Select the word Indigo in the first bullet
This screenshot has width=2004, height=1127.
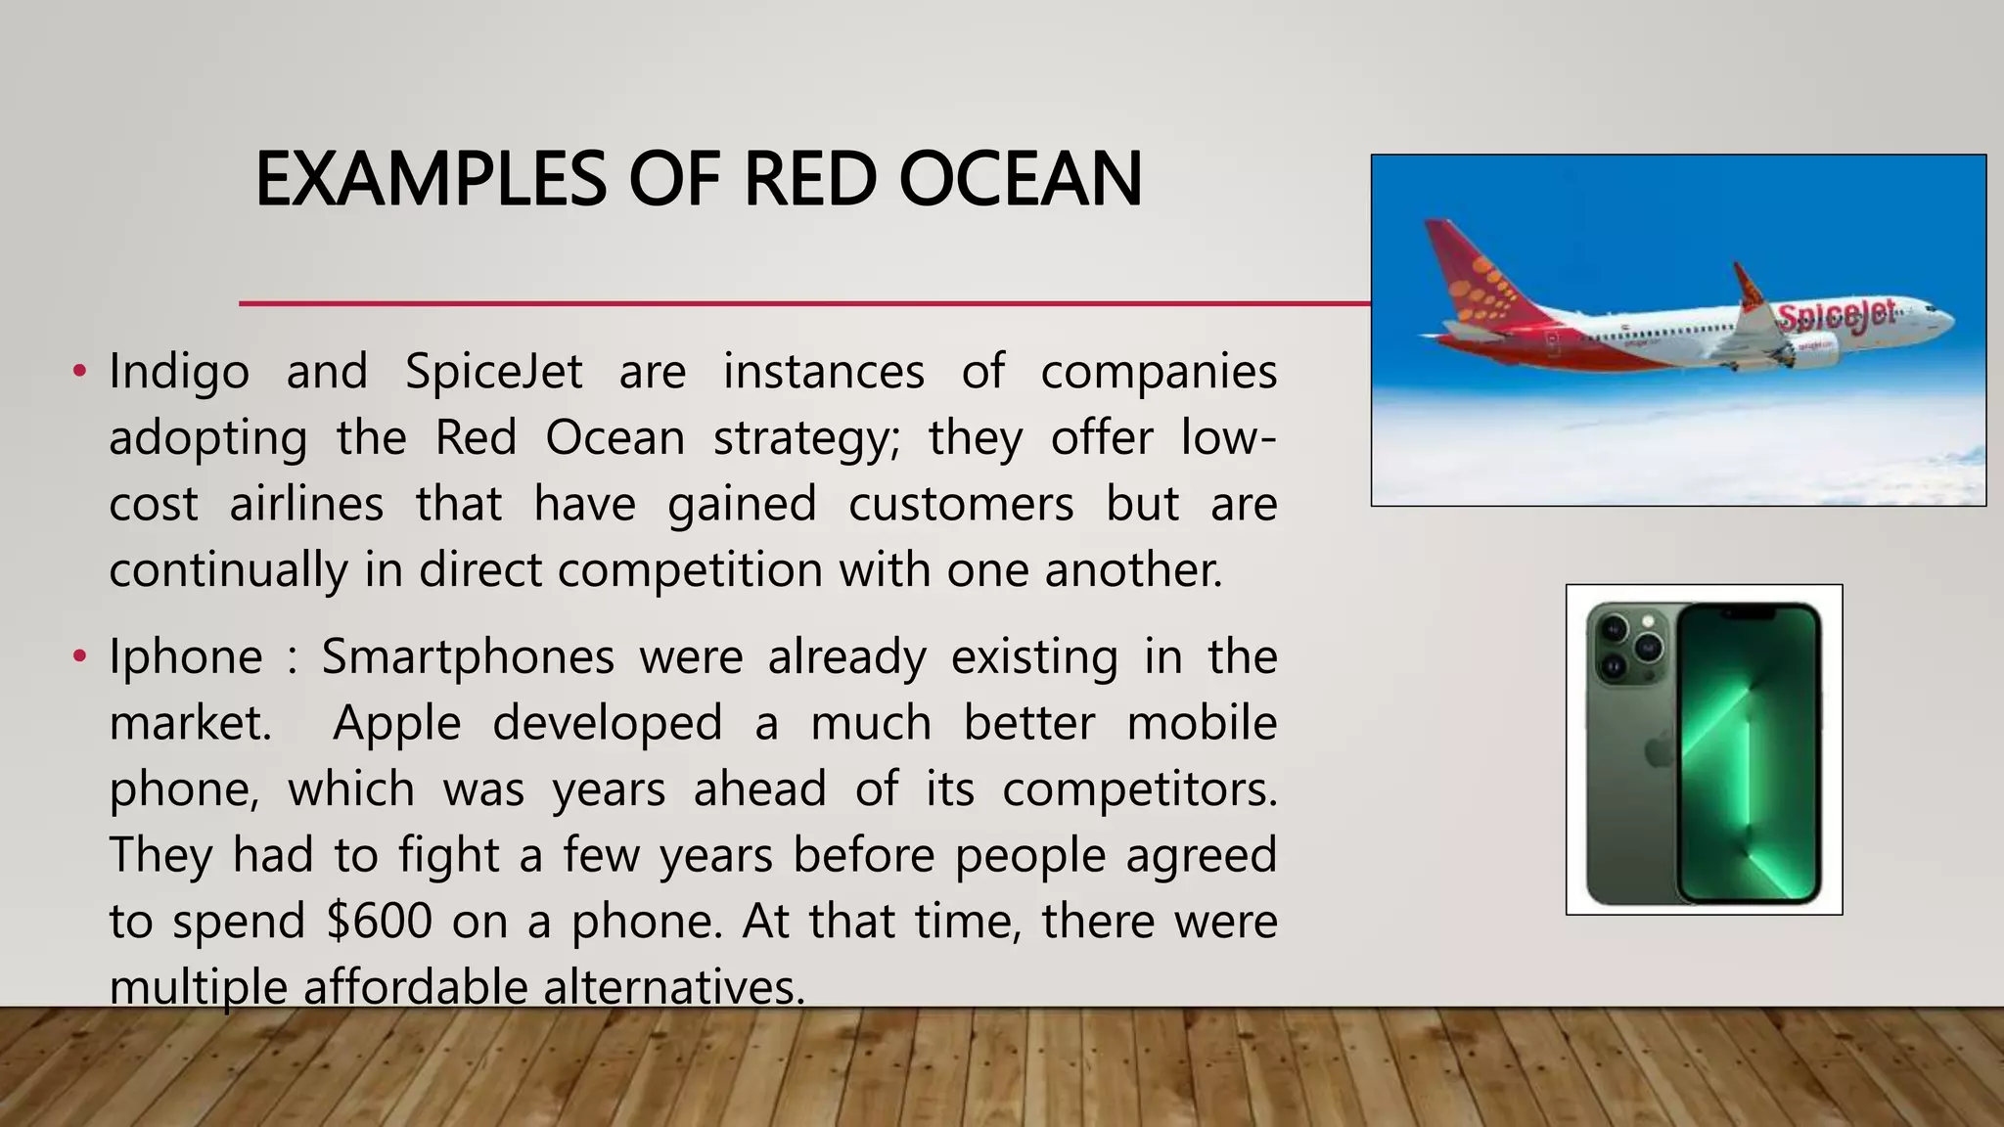(x=179, y=373)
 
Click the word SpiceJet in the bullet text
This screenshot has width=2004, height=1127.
(x=494, y=373)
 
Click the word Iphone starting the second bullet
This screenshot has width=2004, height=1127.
(x=186, y=657)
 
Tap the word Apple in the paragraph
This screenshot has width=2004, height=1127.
(x=396, y=724)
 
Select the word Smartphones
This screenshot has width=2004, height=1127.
(x=468, y=657)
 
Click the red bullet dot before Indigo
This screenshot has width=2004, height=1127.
(x=80, y=372)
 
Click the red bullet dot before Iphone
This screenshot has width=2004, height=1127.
(x=80, y=656)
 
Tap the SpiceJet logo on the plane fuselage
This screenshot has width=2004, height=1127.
(x=1836, y=316)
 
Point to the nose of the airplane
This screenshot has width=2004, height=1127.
(x=1947, y=320)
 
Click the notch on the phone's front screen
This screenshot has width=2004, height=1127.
(x=1749, y=613)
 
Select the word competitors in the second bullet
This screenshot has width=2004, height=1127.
(x=1140, y=789)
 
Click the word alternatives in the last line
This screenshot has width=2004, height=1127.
(x=674, y=987)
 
